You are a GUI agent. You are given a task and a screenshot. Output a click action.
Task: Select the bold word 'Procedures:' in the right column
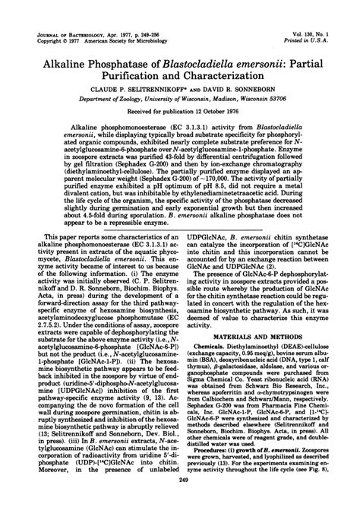tap(209, 464)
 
